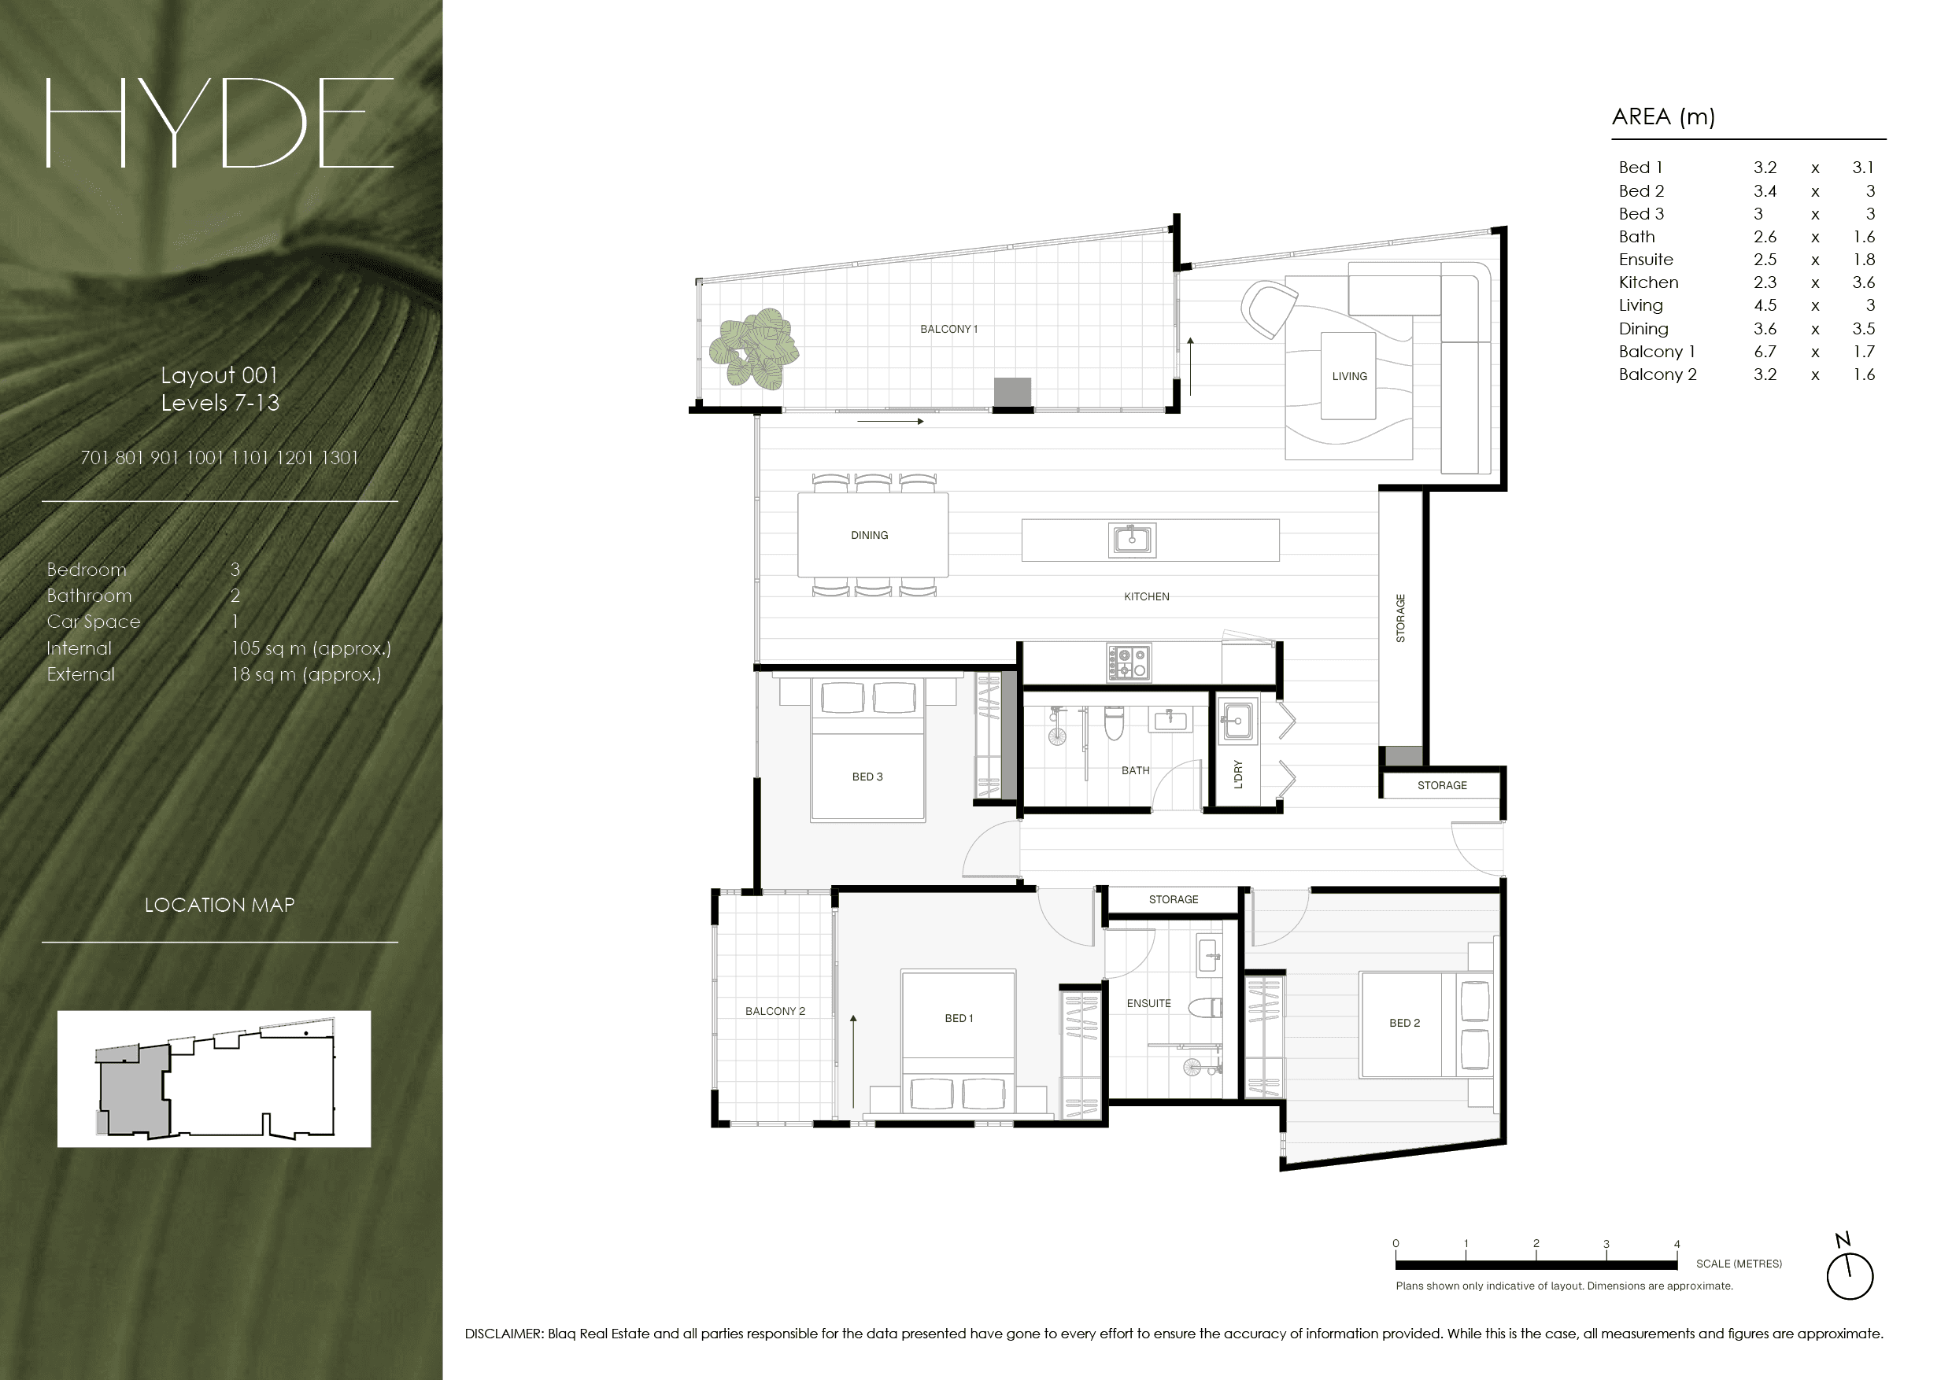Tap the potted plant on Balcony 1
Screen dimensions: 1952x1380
(754, 349)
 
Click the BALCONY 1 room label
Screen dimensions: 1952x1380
(948, 329)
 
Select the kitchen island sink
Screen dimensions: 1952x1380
(1132, 540)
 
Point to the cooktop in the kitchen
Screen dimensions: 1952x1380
(1129, 662)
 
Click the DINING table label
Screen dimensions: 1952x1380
(869, 535)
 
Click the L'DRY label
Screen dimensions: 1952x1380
(1238, 774)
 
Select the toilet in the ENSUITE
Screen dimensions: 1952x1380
(1206, 1009)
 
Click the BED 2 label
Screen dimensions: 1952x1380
(1404, 1023)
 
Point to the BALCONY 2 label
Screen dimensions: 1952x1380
(775, 1011)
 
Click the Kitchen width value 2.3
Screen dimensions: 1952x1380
(1764, 282)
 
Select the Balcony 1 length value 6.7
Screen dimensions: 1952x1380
(1764, 351)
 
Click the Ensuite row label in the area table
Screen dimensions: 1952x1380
(1646, 259)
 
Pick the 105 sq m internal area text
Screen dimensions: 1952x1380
(311, 648)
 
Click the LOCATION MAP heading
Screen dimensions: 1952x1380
(220, 905)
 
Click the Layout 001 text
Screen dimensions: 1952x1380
(220, 375)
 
